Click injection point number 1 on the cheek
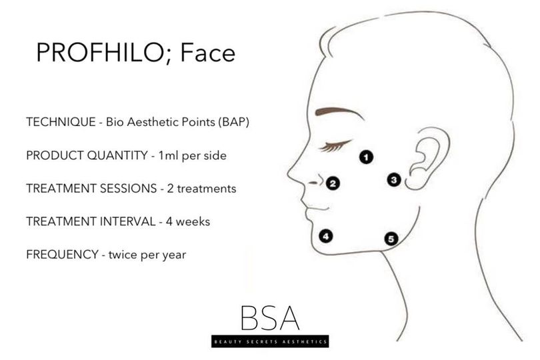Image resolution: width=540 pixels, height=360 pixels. tap(366, 157)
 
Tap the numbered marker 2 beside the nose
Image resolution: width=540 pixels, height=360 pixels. tap(333, 183)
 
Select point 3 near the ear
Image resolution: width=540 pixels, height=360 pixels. tap(394, 179)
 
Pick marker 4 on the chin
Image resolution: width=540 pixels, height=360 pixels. tap(326, 236)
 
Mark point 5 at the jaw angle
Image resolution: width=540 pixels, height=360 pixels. tap(391, 239)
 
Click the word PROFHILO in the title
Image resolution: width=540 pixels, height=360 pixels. tap(99, 53)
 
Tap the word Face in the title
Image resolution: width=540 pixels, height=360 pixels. tap(207, 53)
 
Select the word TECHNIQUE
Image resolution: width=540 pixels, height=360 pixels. tap(61, 122)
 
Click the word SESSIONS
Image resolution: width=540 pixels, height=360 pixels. tap(128, 189)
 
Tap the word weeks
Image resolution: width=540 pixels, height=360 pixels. tap(193, 221)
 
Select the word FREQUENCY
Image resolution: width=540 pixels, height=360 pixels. tap(62, 254)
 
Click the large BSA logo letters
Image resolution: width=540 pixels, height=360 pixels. tap(270, 317)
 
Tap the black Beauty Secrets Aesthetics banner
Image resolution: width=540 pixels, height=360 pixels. tap(270, 341)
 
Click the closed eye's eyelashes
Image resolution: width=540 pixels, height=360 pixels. tap(334, 146)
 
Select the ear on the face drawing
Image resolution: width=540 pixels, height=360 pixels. tap(427, 159)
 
